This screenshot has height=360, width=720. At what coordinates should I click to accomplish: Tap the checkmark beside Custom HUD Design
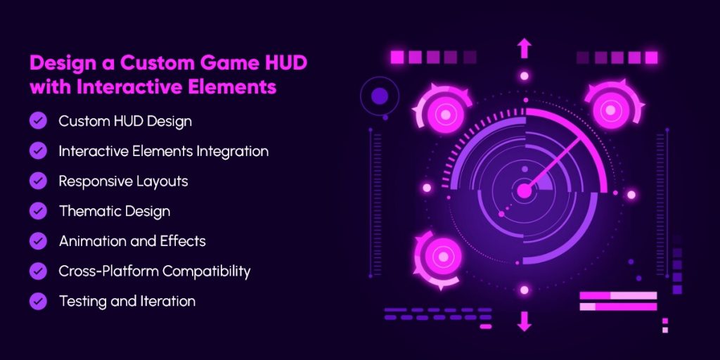pyautogui.click(x=38, y=121)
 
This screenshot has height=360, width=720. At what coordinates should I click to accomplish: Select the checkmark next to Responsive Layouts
pyautogui.click(x=38, y=181)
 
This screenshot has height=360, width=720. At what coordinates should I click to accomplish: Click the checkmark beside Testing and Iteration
pyautogui.click(x=38, y=301)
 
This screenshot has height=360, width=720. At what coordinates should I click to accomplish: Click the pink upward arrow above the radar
pyautogui.click(x=524, y=48)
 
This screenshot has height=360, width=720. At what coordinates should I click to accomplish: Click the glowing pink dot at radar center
pyautogui.click(x=524, y=191)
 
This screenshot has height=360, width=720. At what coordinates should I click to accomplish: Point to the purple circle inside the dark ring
pyautogui.click(x=380, y=96)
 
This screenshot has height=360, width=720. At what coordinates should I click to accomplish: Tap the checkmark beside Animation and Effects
pyautogui.click(x=38, y=241)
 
